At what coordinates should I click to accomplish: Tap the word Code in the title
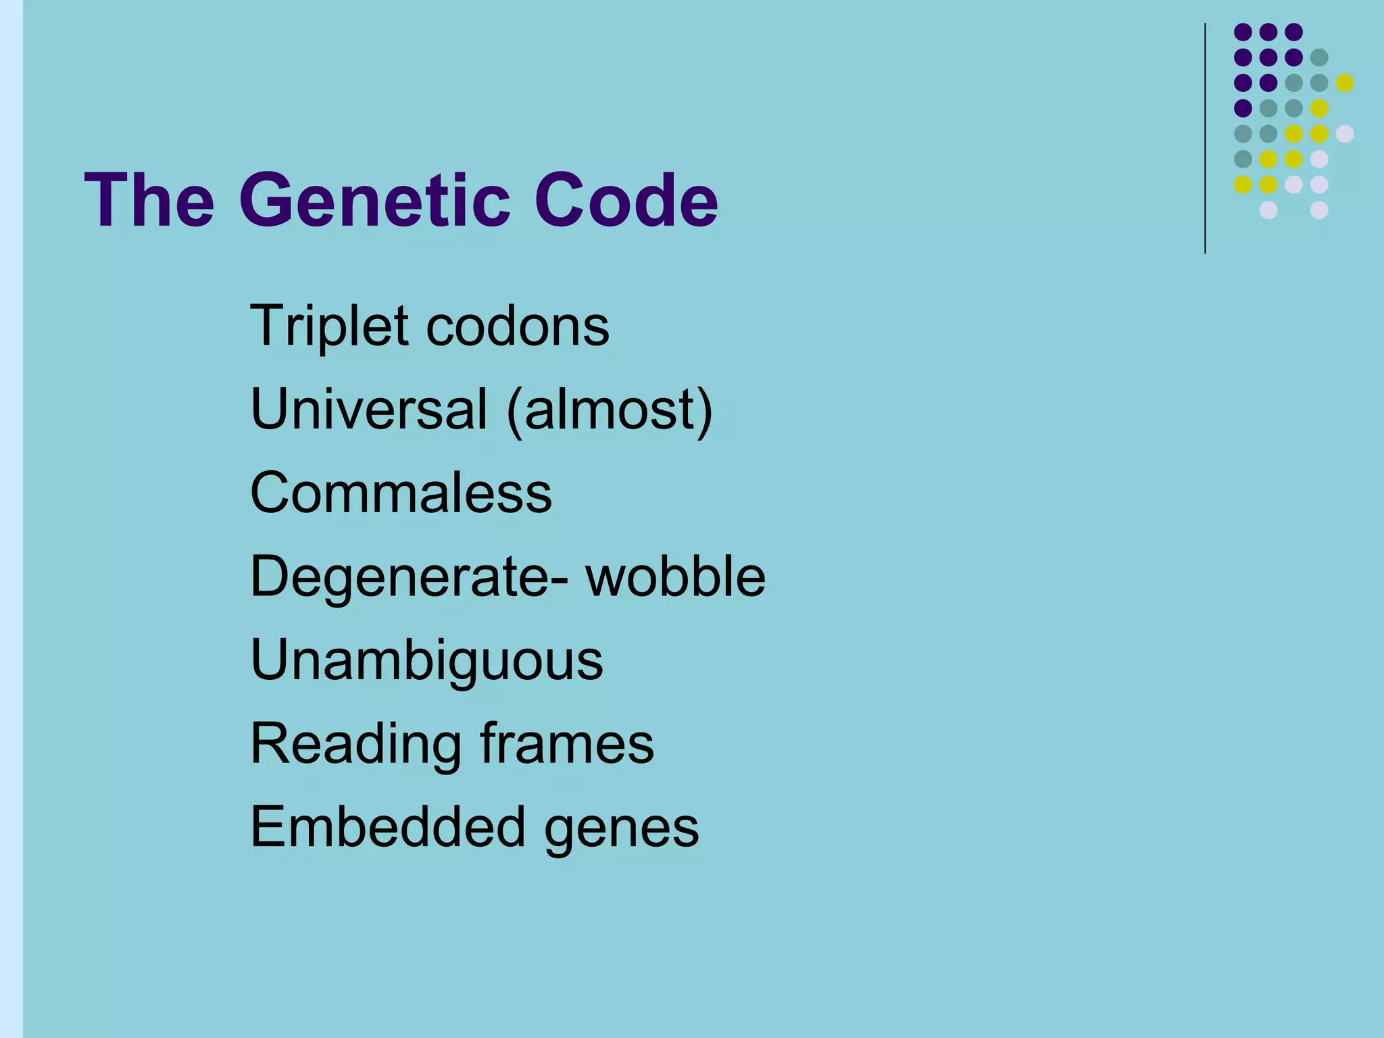click(626, 201)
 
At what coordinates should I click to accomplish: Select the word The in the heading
click(149, 201)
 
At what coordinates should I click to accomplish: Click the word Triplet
click(328, 327)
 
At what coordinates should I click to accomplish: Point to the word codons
click(518, 327)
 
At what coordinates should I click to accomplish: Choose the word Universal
click(368, 410)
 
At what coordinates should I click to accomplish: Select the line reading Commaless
click(401, 493)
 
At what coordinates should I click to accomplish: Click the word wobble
click(675, 576)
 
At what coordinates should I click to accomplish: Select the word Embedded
click(388, 827)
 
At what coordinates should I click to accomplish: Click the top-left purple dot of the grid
click(1243, 32)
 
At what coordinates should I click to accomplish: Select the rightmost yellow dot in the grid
click(1345, 82)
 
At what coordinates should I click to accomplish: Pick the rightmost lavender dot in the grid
click(1345, 134)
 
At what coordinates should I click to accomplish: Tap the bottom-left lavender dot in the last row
click(1268, 210)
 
